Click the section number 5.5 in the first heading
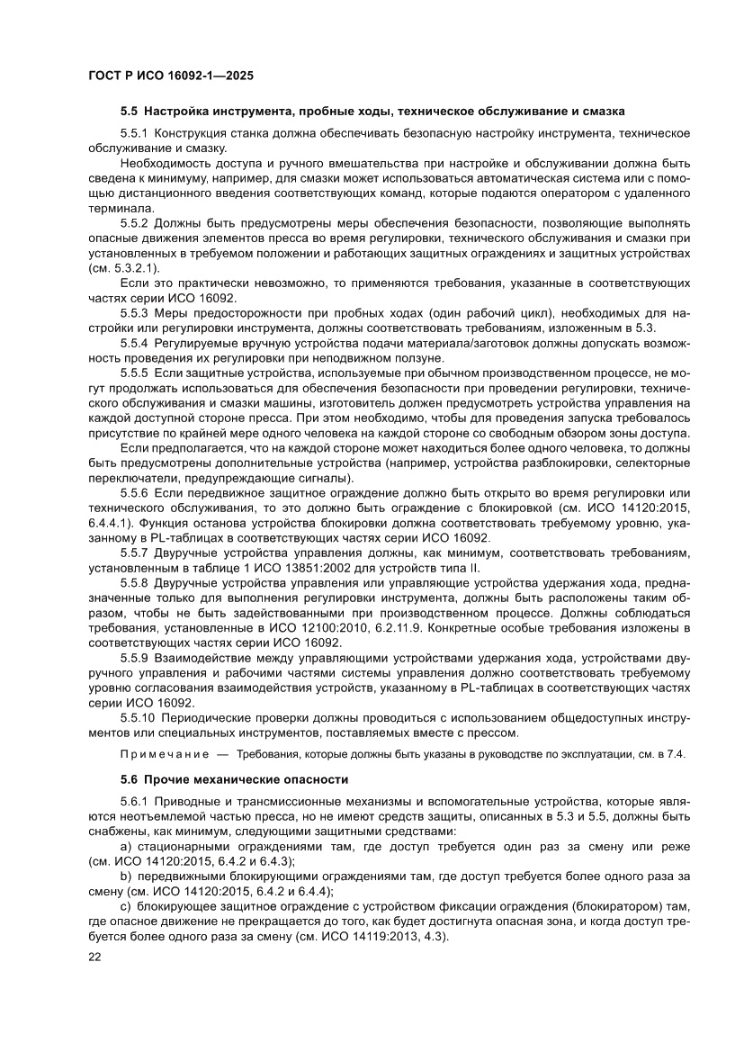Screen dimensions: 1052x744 pyautogui.click(x=130, y=112)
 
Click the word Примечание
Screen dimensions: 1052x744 pyautogui.click(x=158, y=754)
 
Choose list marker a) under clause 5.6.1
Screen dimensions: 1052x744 pyautogui.click(x=126, y=847)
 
